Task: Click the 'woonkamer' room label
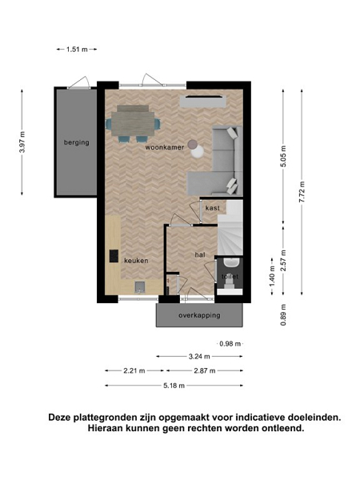(x=165, y=147)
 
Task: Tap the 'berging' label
(x=77, y=142)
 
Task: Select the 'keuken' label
(x=136, y=261)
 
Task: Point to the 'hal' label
(x=200, y=254)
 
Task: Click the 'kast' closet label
(x=213, y=208)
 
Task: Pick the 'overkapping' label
(x=199, y=315)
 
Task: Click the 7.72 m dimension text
(x=302, y=192)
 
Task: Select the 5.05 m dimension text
(x=283, y=157)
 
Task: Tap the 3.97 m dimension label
(x=22, y=142)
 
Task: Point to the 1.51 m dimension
(x=77, y=49)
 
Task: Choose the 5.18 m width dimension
(x=174, y=386)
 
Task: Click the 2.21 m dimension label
(x=134, y=370)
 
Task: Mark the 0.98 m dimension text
(x=230, y=344)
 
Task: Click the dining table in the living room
(x=133, y=124)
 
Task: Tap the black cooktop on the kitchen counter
(x=114, y=256)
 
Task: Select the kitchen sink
(x=140, y=287)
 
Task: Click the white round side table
(x=198, y=151)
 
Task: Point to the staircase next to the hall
(x=230, y=228)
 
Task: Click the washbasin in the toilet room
(x=231, y=262)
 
